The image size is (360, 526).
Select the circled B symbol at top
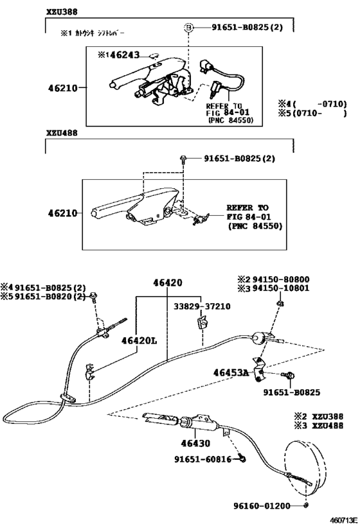point(189,28)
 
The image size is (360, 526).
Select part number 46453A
point(230,372)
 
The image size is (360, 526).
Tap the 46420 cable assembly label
point(167,283)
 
